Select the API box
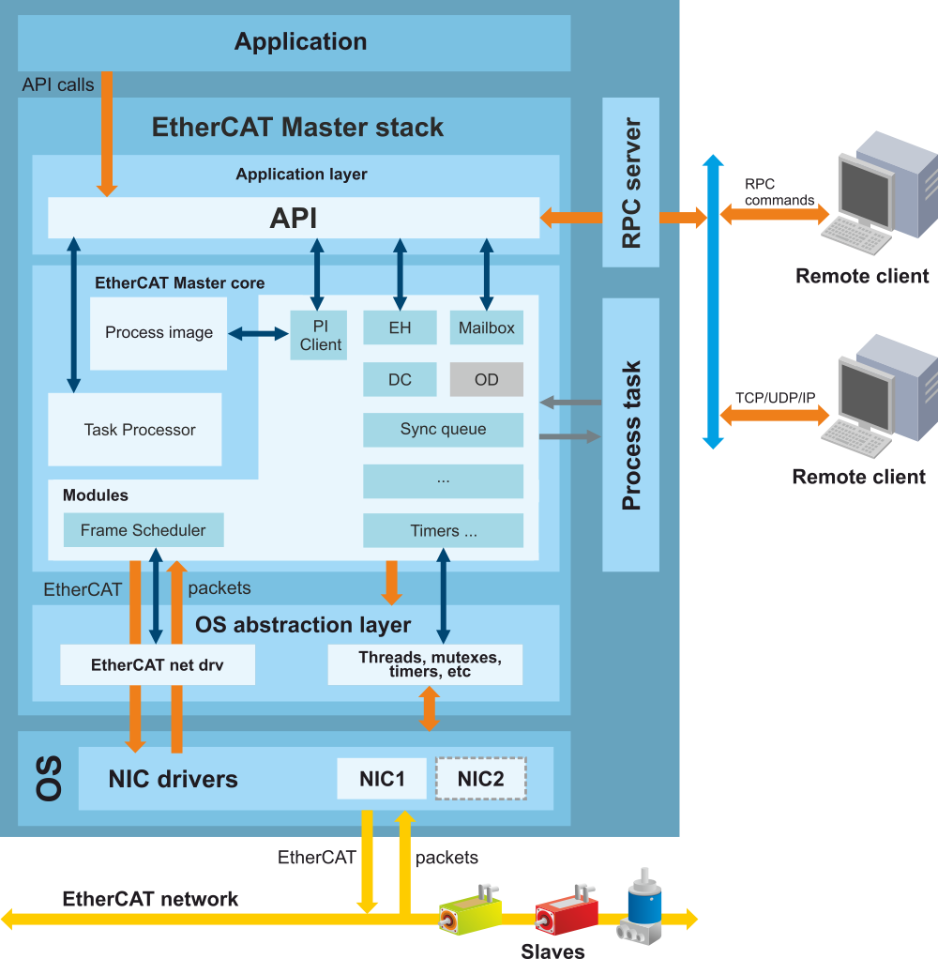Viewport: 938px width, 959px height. [294, 218]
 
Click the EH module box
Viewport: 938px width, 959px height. [400, 328]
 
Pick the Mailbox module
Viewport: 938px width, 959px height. [487, 328]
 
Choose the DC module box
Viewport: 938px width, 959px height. [400, 380]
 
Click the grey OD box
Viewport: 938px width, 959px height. [487, 380]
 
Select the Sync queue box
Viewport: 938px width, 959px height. [443, 430]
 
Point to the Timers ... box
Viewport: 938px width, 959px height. [443, 531]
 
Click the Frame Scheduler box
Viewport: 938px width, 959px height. [143, 530]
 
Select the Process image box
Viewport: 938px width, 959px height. [159, 333]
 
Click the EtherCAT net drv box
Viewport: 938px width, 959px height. [157, 665]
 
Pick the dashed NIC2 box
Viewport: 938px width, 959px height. [480, 779]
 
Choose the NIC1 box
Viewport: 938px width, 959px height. [382, 779]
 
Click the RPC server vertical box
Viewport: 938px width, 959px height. [631, 182]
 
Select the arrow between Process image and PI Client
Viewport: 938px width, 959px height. [259, 333]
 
